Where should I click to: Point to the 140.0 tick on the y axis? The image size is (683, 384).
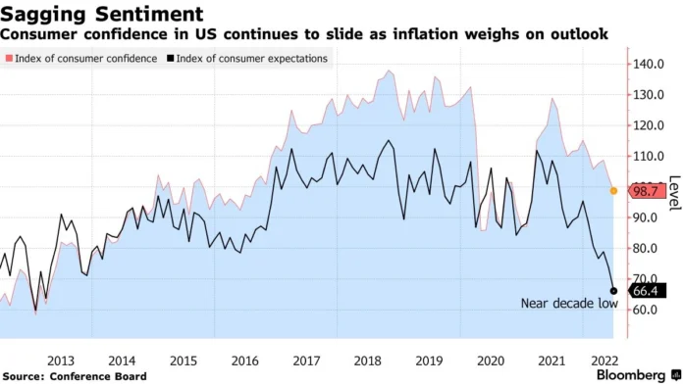(649, 64)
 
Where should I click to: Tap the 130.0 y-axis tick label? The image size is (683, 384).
(649, 95)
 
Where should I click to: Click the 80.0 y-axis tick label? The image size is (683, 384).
(649, 249)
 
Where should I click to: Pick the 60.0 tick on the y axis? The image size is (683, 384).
(649, 311)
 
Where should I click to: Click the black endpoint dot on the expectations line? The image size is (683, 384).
(614, 291)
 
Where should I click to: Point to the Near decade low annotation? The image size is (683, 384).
(568, 304)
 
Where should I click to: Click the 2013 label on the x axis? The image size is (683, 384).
(60, 360)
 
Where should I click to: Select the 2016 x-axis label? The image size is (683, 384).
(244, 360)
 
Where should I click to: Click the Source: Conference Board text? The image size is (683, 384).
(75, 376)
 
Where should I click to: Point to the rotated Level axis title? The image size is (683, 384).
(674, 192)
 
